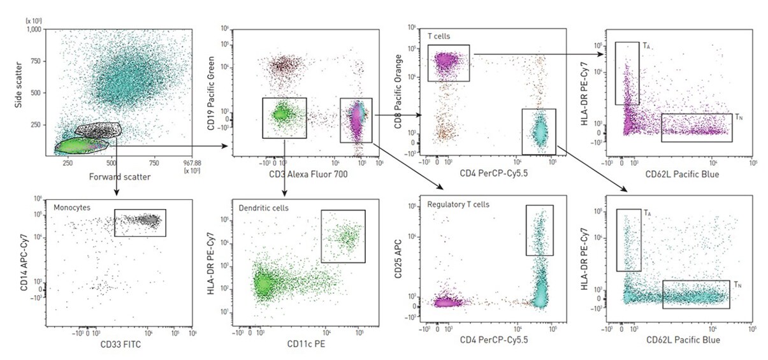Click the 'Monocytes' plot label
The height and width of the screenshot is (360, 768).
click(69, 208)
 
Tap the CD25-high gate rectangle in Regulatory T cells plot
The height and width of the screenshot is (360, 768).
click(539, 230)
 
